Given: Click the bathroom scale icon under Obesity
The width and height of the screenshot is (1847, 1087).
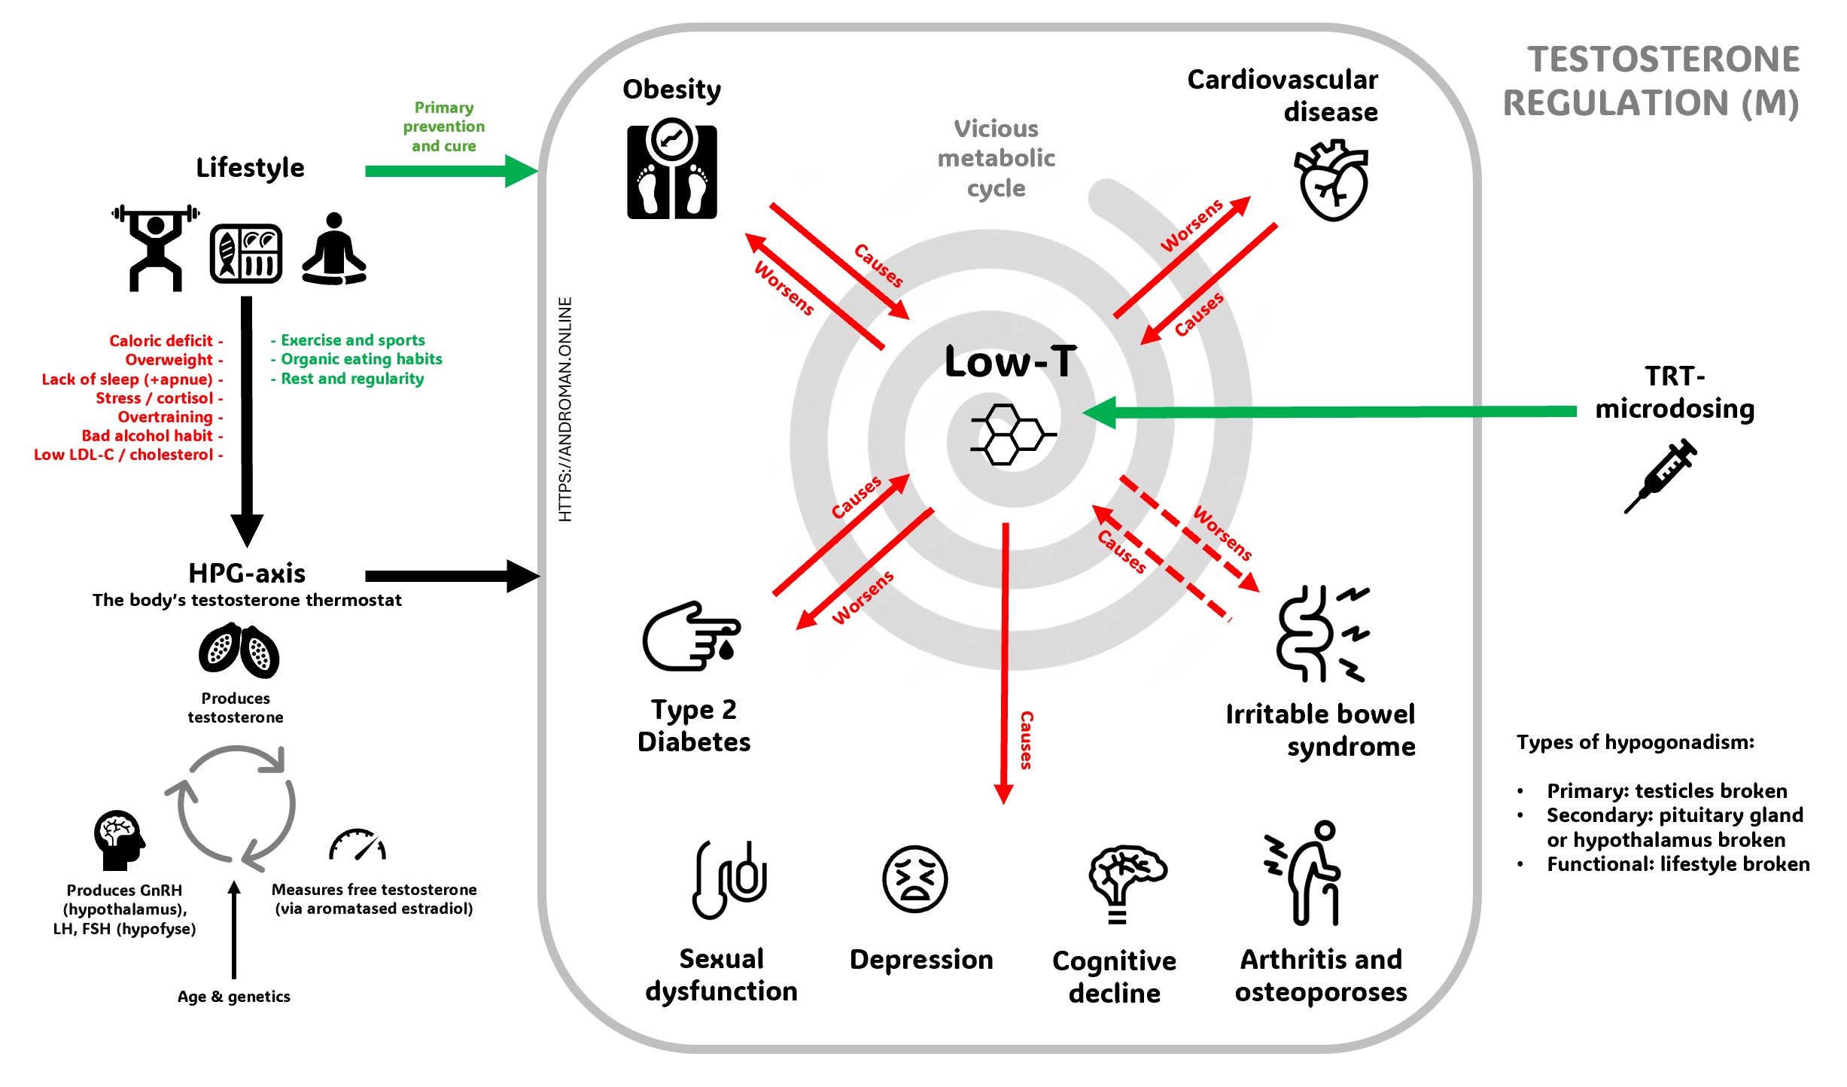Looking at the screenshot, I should click(x=671, y=172).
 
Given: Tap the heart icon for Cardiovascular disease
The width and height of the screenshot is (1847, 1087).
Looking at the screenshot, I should click(x=1332, y=181).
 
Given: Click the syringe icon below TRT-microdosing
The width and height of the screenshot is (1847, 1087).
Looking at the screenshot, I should click(x=1662, y=476).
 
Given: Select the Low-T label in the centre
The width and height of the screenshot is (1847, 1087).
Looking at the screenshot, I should click(x=1010, y=362).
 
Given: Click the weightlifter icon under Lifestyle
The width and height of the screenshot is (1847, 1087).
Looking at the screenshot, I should click(x=156, y=248).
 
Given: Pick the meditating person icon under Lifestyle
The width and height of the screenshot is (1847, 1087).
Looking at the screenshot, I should click(x=334, y=250).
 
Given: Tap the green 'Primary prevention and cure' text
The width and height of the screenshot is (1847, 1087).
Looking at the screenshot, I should click(x=443, y=126).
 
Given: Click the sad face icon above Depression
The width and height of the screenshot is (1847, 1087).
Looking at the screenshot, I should click(x=914, y=878).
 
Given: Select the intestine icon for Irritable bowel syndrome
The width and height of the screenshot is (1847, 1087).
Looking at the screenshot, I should click(x=1322, y=634).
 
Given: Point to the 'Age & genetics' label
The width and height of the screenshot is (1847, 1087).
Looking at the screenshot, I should click(x=233, y=997).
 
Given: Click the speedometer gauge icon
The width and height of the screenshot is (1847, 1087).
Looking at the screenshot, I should click(x=358, y=845).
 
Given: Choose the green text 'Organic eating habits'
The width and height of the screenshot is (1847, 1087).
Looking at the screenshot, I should click(x=361, y=359).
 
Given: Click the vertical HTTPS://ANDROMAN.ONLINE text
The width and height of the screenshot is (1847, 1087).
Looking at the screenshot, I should click(x=565, y=410).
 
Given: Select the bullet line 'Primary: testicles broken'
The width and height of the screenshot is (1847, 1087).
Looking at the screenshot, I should click(x=1666, y=791).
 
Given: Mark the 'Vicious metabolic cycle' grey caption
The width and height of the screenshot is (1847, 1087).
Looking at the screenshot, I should click(x=996, y=158).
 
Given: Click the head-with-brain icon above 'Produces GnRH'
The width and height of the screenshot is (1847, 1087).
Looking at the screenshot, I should click(x=118, y=840).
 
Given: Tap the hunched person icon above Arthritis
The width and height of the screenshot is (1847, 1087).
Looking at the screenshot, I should click(x=1307, y=873).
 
